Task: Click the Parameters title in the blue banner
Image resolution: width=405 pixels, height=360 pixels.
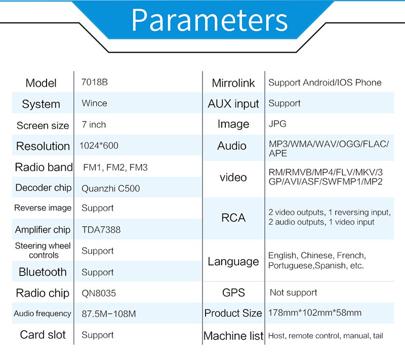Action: pos(210,20)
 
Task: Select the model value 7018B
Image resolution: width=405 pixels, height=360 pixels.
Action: pos(95,82)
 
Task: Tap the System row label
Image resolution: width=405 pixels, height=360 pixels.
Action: pos(41,104)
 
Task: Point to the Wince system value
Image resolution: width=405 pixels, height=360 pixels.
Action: pos(94,103)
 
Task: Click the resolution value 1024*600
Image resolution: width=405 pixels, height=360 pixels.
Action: pos(99,146)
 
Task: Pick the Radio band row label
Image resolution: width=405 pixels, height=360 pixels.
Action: pos(44,167)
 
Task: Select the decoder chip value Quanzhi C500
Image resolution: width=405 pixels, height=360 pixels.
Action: pos(110,188)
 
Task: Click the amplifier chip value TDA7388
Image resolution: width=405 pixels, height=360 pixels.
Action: pos(101,229)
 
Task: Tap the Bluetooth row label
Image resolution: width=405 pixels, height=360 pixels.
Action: pos(43,272)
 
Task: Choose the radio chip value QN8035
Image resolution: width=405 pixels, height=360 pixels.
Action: pos(99,293)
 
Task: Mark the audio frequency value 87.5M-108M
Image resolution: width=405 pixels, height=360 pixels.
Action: pos(109,314)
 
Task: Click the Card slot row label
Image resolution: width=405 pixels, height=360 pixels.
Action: pos(43,335)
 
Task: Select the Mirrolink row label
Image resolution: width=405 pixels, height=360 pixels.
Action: pos(233,83)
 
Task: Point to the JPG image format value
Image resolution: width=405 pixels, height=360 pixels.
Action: pos(277,124)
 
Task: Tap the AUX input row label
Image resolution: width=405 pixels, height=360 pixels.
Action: pos(233,104)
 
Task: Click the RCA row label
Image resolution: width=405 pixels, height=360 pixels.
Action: pos(233,218)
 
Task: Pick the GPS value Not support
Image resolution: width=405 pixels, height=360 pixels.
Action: pos(293,293)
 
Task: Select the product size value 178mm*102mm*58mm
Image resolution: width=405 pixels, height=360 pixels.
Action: pos(315,313)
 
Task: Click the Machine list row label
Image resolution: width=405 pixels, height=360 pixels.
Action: pos(233,336)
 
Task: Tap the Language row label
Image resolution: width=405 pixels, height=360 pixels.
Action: pos(233,262)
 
